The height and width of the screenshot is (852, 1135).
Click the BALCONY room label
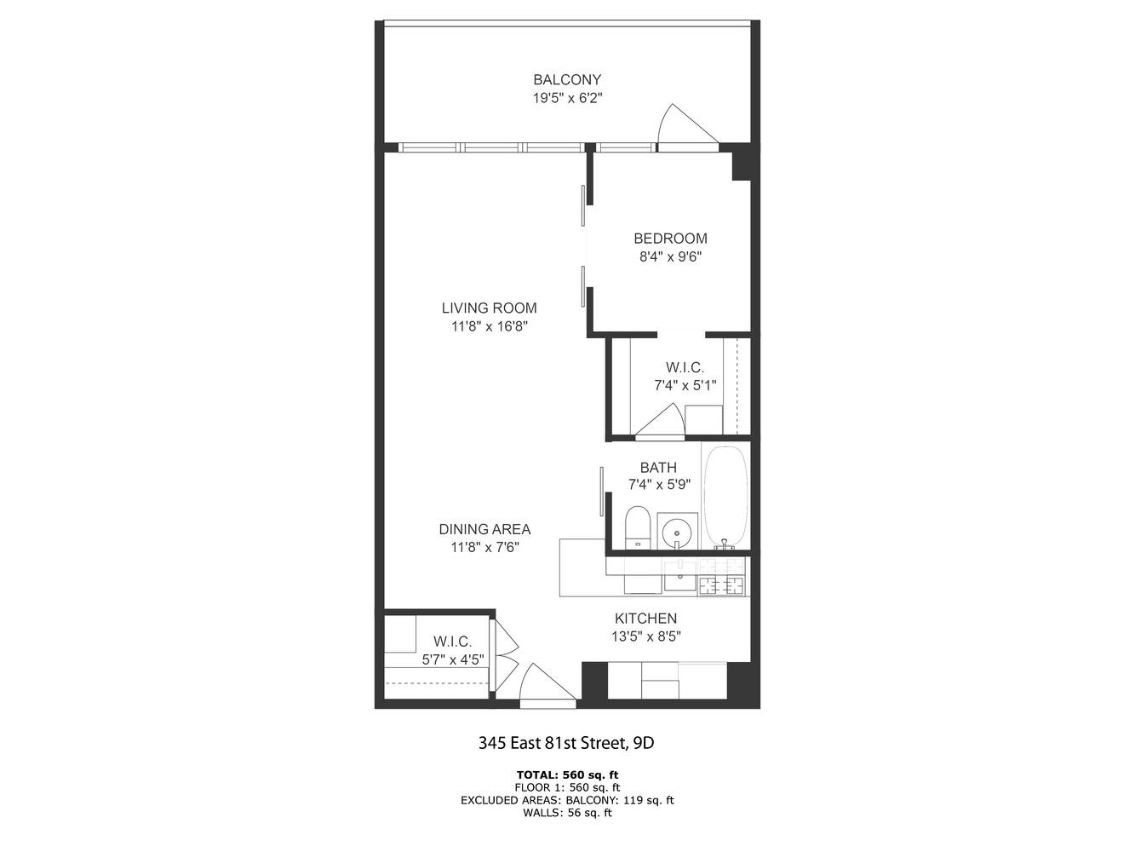[x=567, y=80]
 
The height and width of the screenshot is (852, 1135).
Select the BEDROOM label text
[x=670, y=239]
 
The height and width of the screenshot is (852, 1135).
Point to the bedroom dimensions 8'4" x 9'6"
[x=670, y=256]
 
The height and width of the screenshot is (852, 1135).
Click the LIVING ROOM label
[x=489, y=308]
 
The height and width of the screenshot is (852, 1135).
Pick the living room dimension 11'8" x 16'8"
[x=489, y=325]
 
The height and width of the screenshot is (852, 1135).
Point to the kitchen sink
[x=679, y=579]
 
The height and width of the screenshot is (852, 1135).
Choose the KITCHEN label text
[x=645, y=619]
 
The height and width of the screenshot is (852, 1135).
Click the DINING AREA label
[x=484, y=529]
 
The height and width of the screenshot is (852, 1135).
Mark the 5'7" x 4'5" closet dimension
[x=452, y=659]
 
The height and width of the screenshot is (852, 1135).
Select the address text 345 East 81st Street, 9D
[x=566, y=743]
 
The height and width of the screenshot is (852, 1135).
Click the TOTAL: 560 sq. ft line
[x=567, y=775]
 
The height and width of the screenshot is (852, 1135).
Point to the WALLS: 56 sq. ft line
[x=567, y=813]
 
